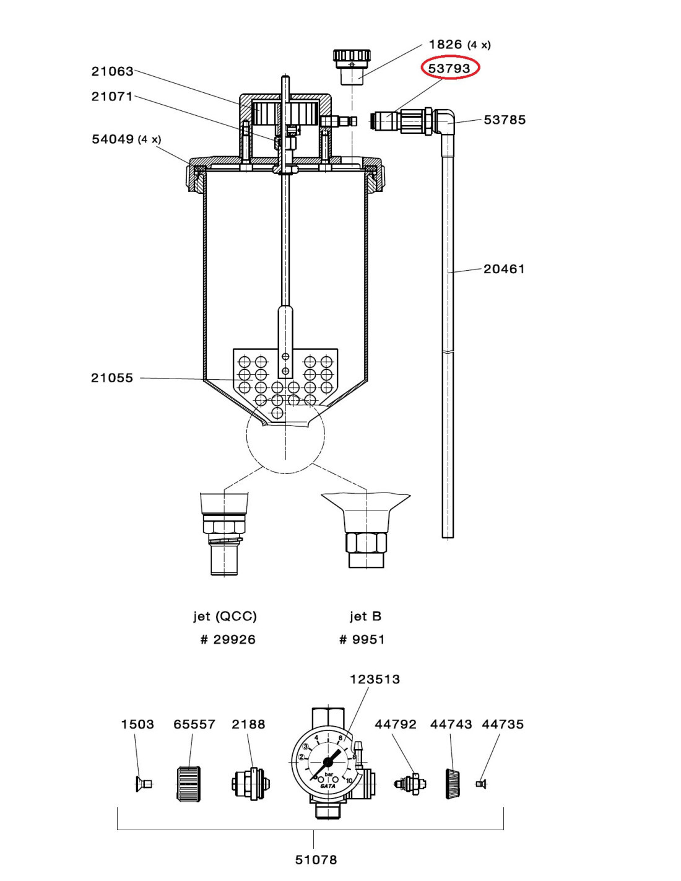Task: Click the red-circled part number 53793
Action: [x=449, y=69]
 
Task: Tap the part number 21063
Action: [x=112, y=71]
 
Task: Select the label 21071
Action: [x=112, y=97]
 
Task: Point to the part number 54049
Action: [x=113, y=139]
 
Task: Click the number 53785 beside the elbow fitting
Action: [x=505, y=120]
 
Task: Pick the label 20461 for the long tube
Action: [x=504, y=269]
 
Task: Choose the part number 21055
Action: [x=112, y=378]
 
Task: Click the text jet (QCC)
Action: [x=225, y=616]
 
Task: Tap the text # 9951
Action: [x=362, y=639]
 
